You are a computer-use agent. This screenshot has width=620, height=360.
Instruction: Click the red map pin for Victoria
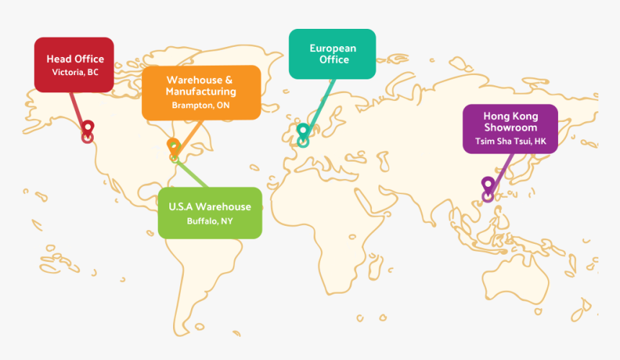[x=88, y=128]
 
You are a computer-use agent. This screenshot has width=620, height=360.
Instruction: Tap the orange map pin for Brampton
[x=173, y=146]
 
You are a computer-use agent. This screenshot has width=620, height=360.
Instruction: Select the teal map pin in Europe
[x=303, y=131]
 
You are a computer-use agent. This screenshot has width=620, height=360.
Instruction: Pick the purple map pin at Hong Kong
[x=488, y=185]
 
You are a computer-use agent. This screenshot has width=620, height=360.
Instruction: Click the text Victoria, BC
[x=75, y=72]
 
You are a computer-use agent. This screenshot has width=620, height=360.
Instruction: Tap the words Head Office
[x=75, y=59]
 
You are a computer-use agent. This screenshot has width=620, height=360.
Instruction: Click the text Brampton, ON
[x=200, y=105]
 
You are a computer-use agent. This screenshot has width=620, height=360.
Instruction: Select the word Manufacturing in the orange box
[x=201, y=92]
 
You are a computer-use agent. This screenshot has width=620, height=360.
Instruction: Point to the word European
[x=333, y=48]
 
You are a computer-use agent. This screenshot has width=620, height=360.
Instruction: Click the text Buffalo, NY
[x=210, y=221]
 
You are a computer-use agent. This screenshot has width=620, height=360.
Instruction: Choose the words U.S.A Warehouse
[x=210, y=206]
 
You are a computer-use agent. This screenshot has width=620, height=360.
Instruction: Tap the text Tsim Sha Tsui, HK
[x=510, y=141]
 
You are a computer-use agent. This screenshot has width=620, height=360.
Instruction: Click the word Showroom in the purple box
[x=510, y=128]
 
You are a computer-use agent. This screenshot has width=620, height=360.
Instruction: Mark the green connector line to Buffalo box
[x=191, y=173]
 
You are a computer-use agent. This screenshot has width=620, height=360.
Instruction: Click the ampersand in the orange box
[x=229, y=80]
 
